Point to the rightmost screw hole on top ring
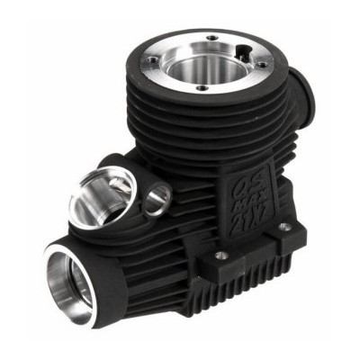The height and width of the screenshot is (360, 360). point(261,64)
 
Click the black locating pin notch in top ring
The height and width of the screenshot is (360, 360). point(244,48)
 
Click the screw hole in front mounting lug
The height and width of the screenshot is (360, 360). point(220,256)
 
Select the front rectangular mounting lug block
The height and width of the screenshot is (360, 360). point(222,265)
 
